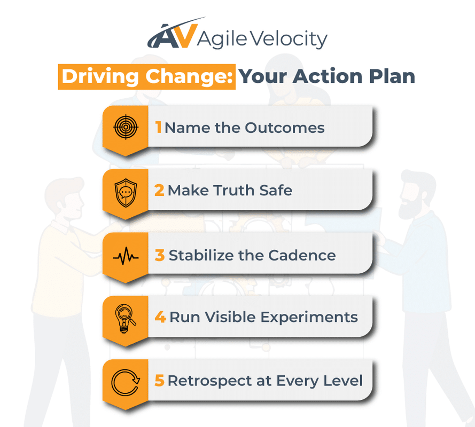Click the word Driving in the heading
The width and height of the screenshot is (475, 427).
tap(100, 76)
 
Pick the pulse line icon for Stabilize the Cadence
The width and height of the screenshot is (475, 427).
tap(126, 256)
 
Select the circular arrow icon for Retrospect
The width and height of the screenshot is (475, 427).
tap(126, 382)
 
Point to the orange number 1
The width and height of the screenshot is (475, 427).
tap(159, 128)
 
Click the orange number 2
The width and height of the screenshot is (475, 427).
tap(159, 191)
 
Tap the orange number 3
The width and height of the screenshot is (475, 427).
tap(160, 255)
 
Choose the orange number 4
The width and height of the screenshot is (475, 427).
tap(160, 318)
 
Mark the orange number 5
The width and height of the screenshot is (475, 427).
tap(159, 381)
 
